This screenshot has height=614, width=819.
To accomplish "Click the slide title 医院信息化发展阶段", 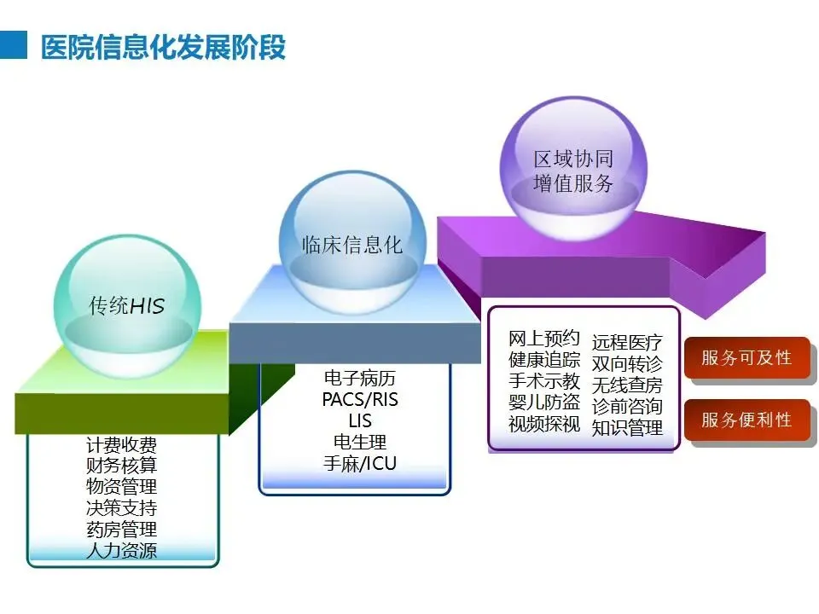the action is (x=163, y=47).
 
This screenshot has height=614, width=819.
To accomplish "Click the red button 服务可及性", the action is (x=746, y=357).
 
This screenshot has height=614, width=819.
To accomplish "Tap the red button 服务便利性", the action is (x=746, y=420).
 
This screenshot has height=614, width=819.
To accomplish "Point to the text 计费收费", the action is (x=122, y=445).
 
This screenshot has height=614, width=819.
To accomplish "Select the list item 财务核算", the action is (x=122, y=466).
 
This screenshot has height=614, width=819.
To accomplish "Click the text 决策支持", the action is (x=122, y=508).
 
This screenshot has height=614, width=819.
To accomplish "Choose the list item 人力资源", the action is (x=122, y=550).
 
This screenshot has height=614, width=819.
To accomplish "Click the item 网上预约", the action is (x=544, y=339).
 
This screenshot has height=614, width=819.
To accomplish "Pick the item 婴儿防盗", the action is (x=544, y=403).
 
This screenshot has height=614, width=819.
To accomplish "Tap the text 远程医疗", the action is (x=627, y=343).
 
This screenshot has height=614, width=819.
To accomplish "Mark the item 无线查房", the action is (x=627, y=385).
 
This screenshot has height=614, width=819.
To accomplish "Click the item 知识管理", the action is (x=627, y=428).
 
